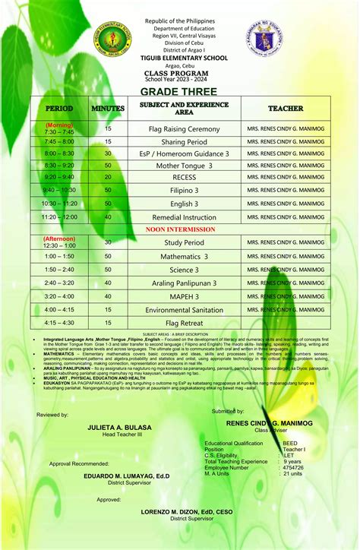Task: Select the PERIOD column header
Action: [59, 109]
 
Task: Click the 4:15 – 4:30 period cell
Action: [59, 322]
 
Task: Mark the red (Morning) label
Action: [59, 124]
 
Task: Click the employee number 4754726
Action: [293, 467]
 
